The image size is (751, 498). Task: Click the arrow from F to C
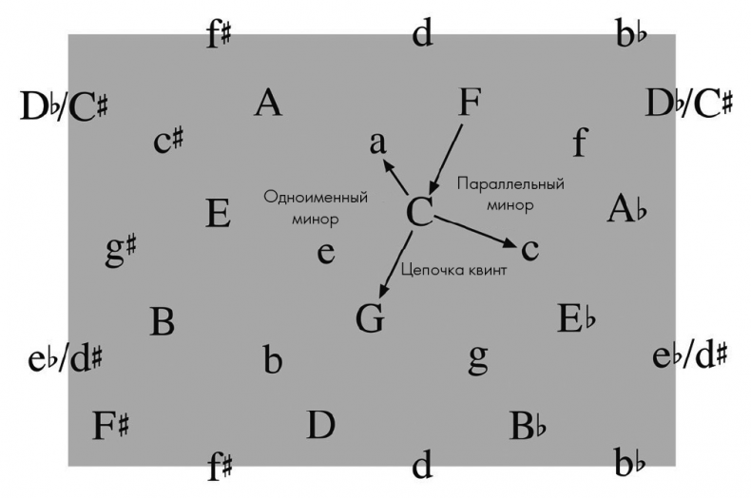(x=446, y=159)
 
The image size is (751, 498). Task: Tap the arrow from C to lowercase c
(x=475, y=232)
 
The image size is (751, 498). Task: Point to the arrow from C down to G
(x=395, y=264)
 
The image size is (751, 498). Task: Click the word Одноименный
(x=316, y=198)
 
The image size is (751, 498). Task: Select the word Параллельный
(x=510, y=184)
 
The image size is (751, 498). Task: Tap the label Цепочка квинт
(x=453, y=271)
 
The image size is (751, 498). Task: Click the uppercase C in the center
(x=419, y=212)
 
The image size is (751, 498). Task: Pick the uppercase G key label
(x=370, y=318)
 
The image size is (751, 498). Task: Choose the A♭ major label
(x=627, y=209)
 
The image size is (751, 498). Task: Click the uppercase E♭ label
(x=577, y=318)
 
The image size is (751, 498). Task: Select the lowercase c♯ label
(x=167, y=141)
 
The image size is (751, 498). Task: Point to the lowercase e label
(x=326, y=253)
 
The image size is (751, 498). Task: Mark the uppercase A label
(x=268, y=103)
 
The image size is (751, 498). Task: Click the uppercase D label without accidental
(x=320, y=425)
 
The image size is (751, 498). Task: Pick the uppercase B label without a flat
(x=162, y=321)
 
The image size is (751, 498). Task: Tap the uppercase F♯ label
(x=110, y=425)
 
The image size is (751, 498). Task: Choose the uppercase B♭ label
(x=528, y=426)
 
